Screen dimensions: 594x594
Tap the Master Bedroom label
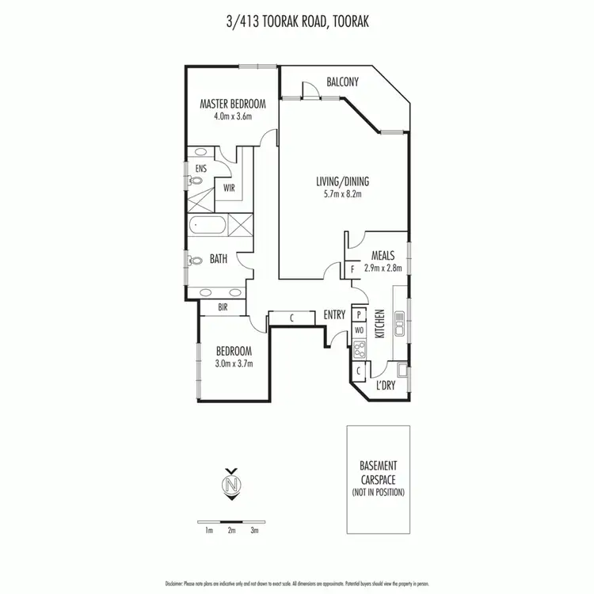(x=232, y=104)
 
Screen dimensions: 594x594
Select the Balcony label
(x=343, y=82)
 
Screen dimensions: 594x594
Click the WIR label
(x=229, y=188)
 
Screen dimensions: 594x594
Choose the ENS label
(x=200, y=168)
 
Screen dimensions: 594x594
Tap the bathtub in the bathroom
(x=208, y=227)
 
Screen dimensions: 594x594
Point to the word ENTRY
(x=334, y=315)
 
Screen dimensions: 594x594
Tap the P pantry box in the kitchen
(x=358, y=314)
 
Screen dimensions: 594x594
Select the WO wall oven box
(x=358, y=329)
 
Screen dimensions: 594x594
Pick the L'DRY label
(x=386, y=385)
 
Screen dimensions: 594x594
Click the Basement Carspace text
(x=378, y=472)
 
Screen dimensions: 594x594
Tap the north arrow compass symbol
(x=231, y=484)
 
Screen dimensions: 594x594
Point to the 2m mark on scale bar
(x=231, y=531)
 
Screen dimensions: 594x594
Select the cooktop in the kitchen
(x=359, y=348)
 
